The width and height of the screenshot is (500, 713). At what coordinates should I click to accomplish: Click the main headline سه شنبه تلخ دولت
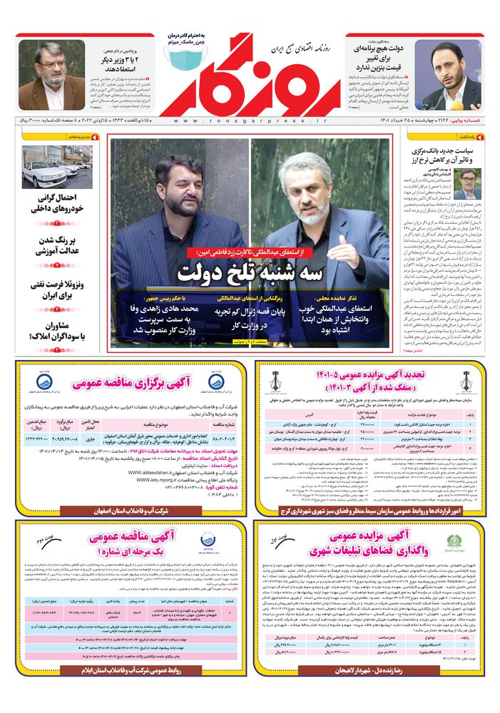(x=250, y=272)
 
